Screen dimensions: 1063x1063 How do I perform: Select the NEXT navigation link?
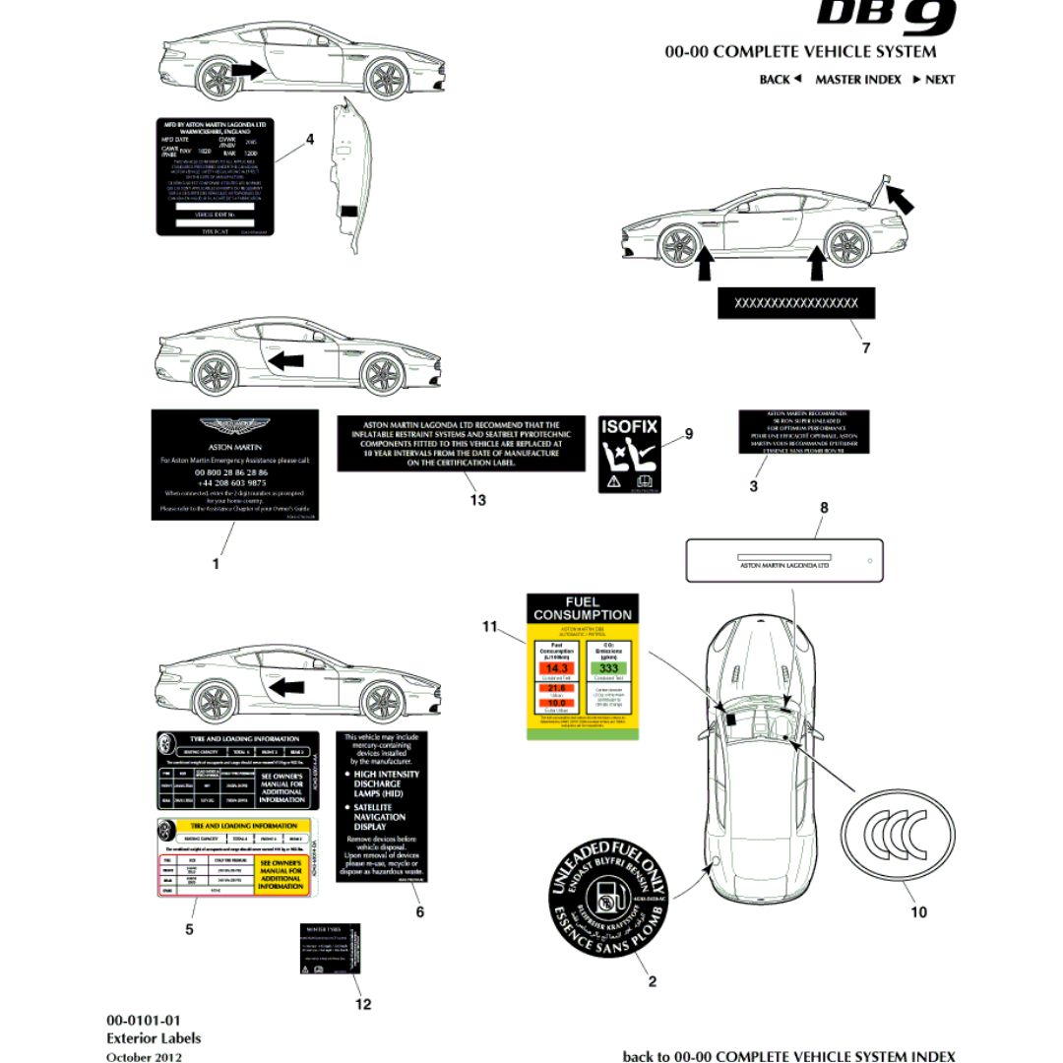[934, 80]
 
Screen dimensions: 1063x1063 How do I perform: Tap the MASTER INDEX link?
[857, 80]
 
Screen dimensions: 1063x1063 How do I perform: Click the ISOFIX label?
[630, 454]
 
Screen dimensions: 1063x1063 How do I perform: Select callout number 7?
[865, 347]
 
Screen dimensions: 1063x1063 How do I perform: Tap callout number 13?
[477, 500]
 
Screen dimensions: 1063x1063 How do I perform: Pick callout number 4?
[310, 140]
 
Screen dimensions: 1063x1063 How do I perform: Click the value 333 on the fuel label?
[608, 667]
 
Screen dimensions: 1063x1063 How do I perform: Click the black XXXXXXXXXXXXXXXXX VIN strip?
[795, 304]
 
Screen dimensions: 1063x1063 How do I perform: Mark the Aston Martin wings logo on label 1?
[234, 427]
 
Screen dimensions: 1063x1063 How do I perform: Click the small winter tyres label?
[330, 949]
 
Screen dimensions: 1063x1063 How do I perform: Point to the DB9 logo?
[886, 15]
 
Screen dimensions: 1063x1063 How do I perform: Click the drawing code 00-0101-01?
[144, 1020]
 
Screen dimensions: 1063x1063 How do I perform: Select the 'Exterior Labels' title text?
[154, 1037]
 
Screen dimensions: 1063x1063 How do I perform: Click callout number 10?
[917, 912]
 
